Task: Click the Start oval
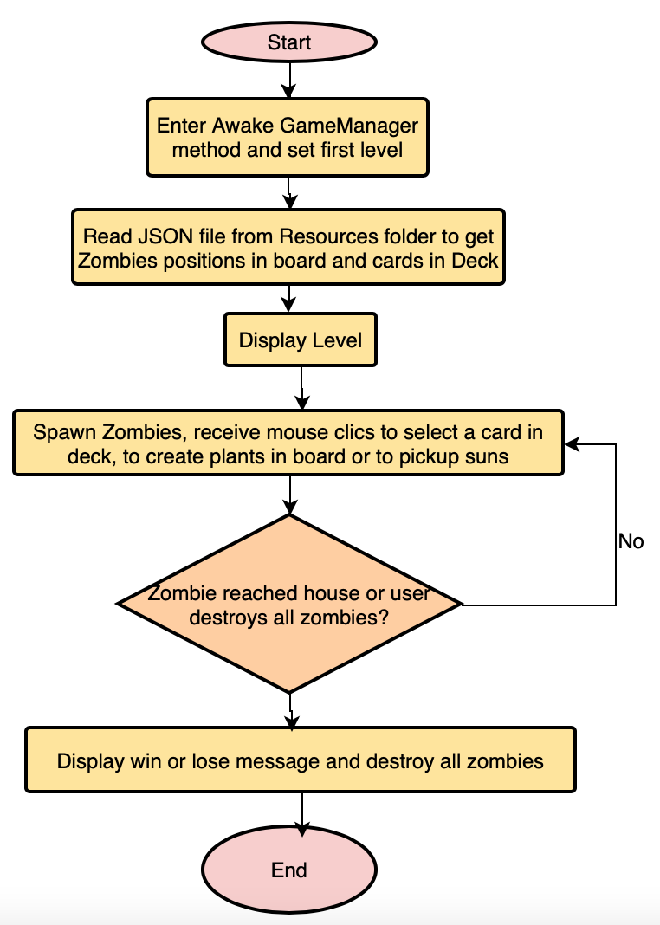click(288, 42)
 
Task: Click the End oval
click(288, 870)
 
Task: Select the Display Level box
click(300, 340)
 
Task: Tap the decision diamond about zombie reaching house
click(288, 604)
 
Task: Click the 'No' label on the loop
click(631, 541)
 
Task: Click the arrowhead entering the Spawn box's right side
click(572, 444)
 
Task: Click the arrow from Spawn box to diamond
click(288, 496)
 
